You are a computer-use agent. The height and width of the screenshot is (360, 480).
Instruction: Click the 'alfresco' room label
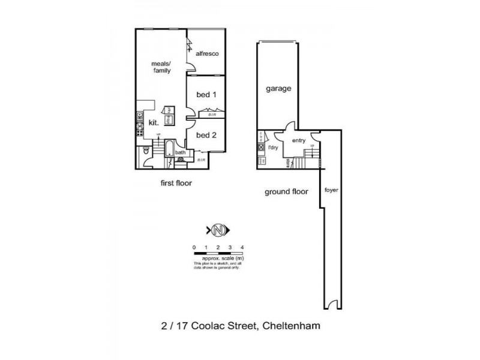[x=206, y=53]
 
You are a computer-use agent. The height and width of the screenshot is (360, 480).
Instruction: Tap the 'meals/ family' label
[x=161, y=67]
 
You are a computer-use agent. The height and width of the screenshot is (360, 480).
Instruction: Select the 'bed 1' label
[x=206, y=94]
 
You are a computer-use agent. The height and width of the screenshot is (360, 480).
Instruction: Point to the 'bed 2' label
[x=206, y=135]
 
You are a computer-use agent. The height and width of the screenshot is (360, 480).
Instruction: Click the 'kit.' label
[x=154, y=122]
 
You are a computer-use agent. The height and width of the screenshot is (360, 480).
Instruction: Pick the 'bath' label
[x=180, y=152]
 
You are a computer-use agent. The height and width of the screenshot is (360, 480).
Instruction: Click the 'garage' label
[x=278, y=88]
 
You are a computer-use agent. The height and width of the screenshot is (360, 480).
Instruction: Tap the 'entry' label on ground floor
[x=298, y=140]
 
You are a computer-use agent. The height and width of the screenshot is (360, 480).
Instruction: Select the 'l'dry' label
[x=273, y=147]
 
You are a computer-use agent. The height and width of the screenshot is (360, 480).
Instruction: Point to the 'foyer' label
[x=331, y=190]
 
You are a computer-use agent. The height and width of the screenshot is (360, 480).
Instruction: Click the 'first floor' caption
[x=175, y=183]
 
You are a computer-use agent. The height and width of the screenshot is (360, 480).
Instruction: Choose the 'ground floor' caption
[x=287, y=192]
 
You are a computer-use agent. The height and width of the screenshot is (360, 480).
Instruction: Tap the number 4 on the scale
[x=242, y=247]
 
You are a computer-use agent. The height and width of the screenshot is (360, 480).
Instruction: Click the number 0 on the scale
[x=194, y=247]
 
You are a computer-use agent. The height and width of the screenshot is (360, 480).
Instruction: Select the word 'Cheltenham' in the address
[x=292, y=327]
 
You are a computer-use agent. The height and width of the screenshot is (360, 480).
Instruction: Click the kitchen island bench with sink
[x=169, y=115]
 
